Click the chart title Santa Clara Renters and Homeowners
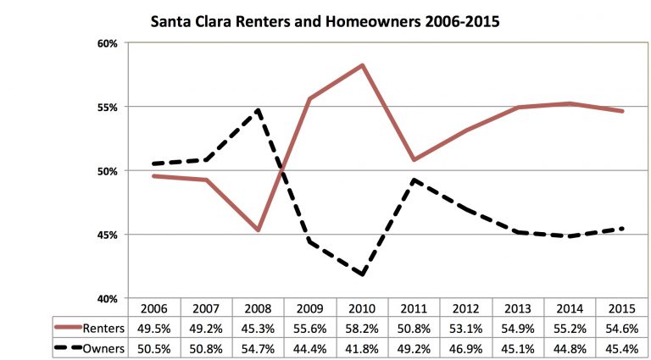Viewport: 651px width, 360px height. tap(325, 19)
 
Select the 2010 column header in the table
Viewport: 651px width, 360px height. tap(362, 310)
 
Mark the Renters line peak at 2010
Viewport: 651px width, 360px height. tap(363, 65)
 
